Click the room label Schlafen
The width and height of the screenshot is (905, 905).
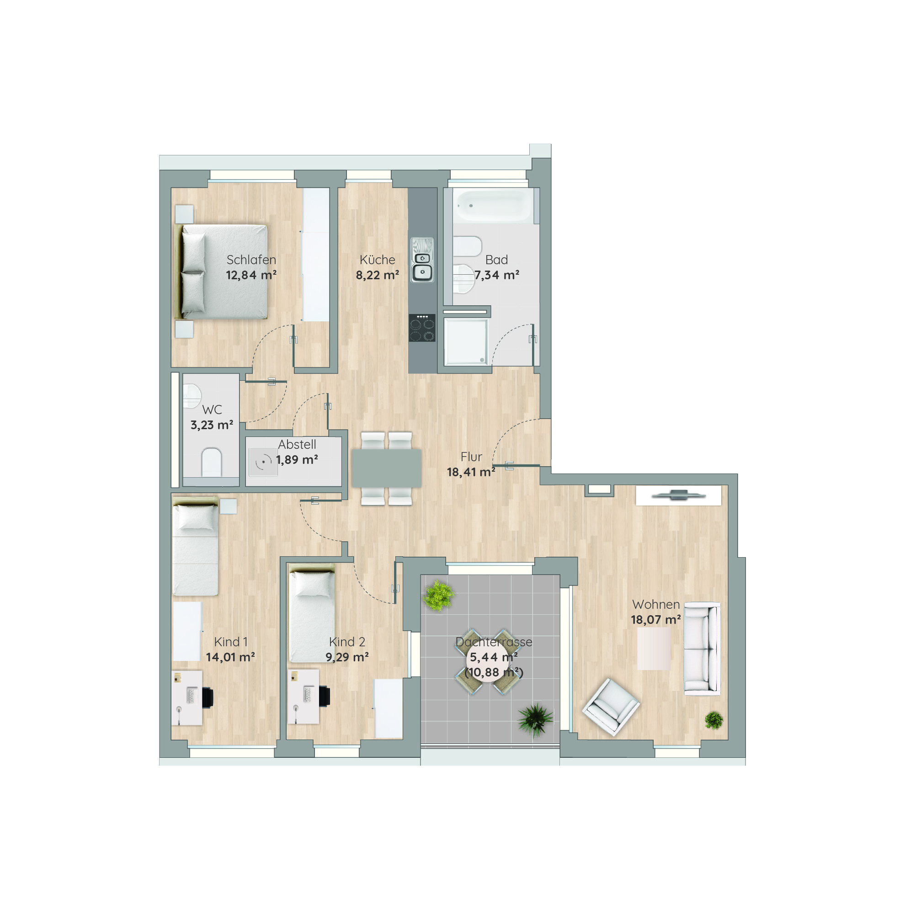pyautogui.click(x=251, y=260)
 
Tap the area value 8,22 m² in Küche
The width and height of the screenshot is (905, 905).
pyautogui.click(x=377, y=275)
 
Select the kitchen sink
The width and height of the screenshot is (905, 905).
pyautogui.click(x=422, y=260)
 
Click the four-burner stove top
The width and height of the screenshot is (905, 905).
pyautogui.click(x=422, y=327)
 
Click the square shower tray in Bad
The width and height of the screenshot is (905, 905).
pyautogui.click(x=467, y=341)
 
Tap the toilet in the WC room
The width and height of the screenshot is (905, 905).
pyautogui.click(x=211, y=463)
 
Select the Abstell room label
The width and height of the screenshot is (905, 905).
pyautogui.click(x=297, y=444)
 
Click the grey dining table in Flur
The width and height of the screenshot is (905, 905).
pyautogui.click(x=386, y=468)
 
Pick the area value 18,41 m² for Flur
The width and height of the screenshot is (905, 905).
pyautogui.click(x=471, y=472)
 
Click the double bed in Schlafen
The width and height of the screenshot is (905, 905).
pyautogui.click(x=221, y=272)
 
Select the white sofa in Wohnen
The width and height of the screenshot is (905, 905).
pyautogui.click(x=702, y=649)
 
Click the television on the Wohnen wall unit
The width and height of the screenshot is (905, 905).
pyautogui.click(x=678, y=495)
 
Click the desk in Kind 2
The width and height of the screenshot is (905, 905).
pyautogui.click(x=303, y=697)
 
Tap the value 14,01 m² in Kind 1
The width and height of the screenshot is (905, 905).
pyautogui.click(x=230, y=657)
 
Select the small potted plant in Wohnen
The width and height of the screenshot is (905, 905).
pyautogui.click(x=713, y=720)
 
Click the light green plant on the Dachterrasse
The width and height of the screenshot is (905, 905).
pyautogui.click(x=438, y=596)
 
